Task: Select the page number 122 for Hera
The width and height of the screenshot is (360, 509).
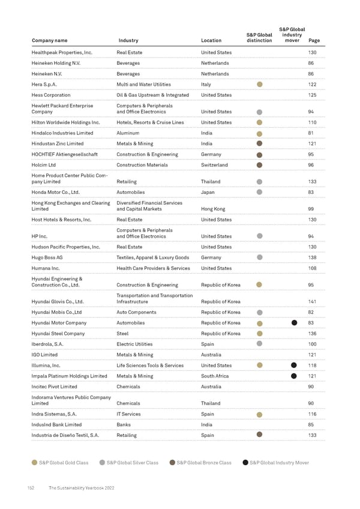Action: pos(311,85)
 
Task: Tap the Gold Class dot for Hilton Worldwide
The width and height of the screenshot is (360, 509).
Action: pos(259,122)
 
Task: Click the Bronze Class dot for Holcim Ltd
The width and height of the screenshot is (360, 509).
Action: pos(259,165)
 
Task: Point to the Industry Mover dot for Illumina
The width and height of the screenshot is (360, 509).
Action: pos(294,366)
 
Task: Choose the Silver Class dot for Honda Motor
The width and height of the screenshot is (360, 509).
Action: pos(259,192)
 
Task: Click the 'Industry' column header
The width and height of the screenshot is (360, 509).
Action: pos(128,41)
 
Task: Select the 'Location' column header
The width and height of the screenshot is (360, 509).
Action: pos(211,41)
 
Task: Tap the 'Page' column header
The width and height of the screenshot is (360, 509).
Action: pos(313,41)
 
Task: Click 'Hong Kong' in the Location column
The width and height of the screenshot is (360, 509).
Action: pos(213,209)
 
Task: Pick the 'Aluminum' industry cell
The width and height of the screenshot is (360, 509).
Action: pos(128,133)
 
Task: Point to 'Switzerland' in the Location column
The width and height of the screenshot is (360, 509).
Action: pos(214,165)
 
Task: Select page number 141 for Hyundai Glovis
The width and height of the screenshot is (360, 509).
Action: pos(311,301)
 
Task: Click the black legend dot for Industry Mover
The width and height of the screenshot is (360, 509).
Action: pos(245,462)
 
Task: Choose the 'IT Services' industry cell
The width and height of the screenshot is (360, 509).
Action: pos(128,414)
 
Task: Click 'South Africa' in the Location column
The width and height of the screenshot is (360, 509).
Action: pos(216,376)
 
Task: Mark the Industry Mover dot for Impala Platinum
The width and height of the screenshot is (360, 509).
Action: pos(294,376)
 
